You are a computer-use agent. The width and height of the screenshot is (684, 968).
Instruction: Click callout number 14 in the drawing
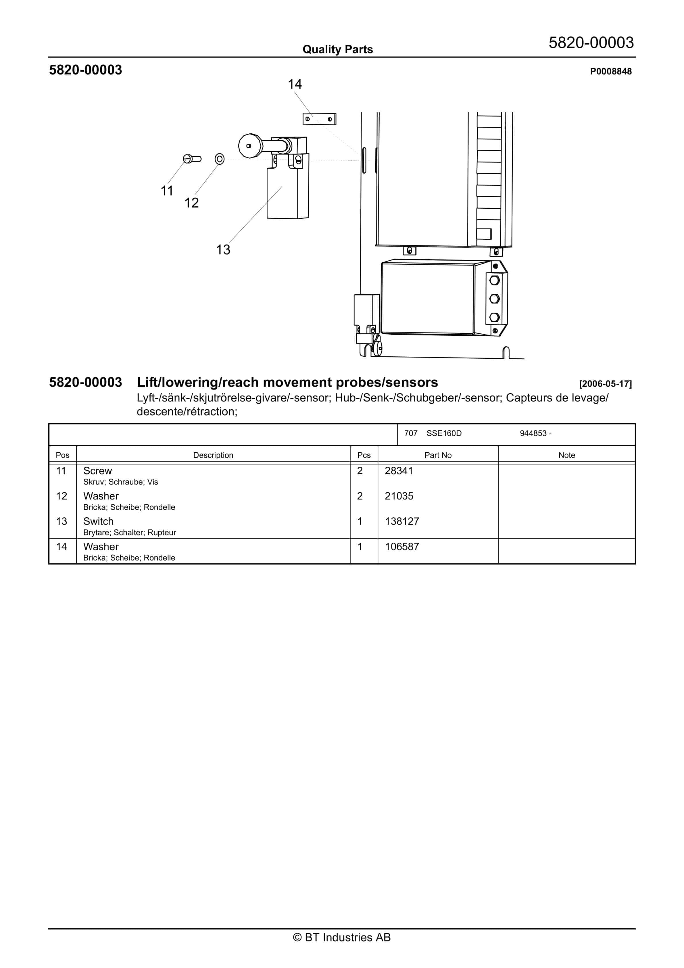tap(295, 84)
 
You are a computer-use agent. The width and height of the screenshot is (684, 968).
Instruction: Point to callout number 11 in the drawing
tap(167, 191)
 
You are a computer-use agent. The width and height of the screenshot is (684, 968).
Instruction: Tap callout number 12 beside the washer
tap(191, 203)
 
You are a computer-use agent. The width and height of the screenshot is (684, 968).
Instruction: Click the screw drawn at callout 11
tap(192, 159)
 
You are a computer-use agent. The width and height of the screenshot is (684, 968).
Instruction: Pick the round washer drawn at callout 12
tap(220, 159)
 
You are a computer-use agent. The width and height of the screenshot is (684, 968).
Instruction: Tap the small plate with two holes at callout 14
tap(319, 119)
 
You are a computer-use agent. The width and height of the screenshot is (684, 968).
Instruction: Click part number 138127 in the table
tap(402, 522)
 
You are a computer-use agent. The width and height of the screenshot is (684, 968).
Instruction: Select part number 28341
tap(399, 471)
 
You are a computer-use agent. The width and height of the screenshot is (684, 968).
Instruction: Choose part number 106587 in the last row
tap(402, 547)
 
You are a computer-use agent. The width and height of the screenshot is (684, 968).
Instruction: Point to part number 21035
tap(399, 496)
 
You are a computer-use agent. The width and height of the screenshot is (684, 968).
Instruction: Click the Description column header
tap(213, 455)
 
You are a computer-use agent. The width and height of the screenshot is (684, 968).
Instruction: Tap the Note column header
tap(566, 455)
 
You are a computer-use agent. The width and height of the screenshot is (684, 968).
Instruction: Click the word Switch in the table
tap(98, 522)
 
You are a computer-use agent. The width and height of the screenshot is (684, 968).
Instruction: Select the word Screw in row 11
tap(97, 471)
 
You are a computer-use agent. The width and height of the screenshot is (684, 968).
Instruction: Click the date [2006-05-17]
tap(605, 384)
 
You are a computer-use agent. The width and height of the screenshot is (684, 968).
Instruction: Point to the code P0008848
tap(611, 72)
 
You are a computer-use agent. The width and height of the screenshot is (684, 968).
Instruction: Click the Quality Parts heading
tap(337, 50)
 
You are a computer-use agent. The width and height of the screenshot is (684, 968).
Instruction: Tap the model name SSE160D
tap(444, 433)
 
